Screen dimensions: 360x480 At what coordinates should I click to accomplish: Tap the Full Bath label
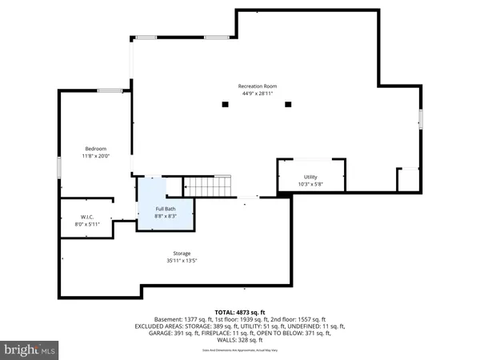point(165,209)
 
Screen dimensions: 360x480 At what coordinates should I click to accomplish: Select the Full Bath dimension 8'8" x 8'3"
point(165,217)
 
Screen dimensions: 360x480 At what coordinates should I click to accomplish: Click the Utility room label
point(310,177)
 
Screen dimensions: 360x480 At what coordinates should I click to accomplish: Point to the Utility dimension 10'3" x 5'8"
point(310,185)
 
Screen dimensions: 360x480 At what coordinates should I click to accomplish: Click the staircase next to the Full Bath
point(208,186)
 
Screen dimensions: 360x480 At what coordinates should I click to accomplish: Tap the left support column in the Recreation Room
point(224,103)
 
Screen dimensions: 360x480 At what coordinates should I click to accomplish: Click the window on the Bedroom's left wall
point(59,169)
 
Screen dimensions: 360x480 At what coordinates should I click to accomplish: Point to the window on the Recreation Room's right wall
point(420,119)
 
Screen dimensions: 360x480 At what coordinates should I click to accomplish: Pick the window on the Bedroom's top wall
point(110,90)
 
